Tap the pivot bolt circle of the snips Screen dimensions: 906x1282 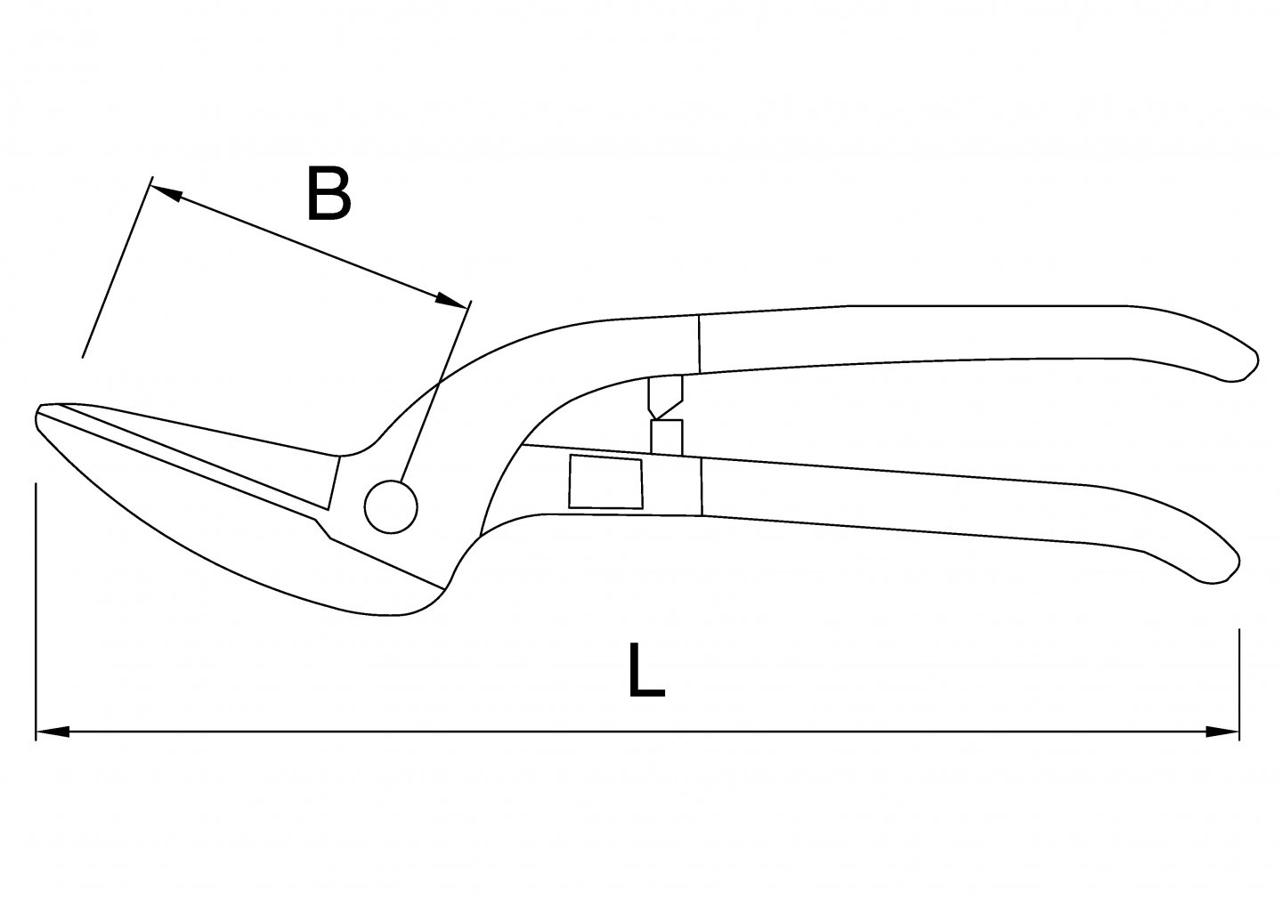pyautogui.click(x=390, y=506)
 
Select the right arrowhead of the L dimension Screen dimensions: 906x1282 pyautogui.click(x=1221, y=732)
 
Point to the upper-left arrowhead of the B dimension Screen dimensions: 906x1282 pyautogui.click(x=167, y=192)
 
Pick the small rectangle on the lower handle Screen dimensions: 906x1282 pyautogui.click(x=605, y=482)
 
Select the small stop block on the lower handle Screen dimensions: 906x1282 pyautogui.click(x=666, y=436)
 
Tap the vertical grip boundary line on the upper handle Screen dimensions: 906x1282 pyautogui.click(x=700, y=344)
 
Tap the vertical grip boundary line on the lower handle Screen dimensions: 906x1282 pyautogui.click(x=702, y=486)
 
